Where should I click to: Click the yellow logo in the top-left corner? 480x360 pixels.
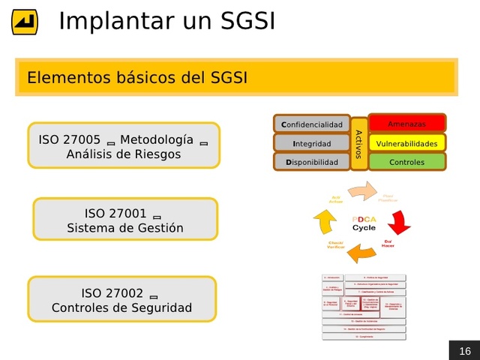25,22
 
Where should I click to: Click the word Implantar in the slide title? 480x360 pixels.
117,20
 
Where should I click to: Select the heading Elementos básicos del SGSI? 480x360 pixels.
137,77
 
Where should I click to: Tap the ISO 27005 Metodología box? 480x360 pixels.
124,145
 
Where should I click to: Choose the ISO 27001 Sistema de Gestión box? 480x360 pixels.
125,220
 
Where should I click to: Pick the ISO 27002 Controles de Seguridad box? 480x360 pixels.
121,299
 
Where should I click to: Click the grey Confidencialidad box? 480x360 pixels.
311,124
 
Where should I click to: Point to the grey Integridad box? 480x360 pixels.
311,143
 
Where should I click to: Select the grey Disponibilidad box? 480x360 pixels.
311,162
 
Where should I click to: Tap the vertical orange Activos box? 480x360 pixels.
358,143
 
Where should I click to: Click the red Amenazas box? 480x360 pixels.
407,123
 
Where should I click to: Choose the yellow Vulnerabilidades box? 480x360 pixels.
407,143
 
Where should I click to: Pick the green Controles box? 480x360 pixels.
407,162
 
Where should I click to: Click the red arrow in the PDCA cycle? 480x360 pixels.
399,223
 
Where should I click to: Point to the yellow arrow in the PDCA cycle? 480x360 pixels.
324,222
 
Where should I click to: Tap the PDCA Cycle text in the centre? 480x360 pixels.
364,223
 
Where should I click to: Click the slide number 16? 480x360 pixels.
464,351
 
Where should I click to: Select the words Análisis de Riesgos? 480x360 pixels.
124,154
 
